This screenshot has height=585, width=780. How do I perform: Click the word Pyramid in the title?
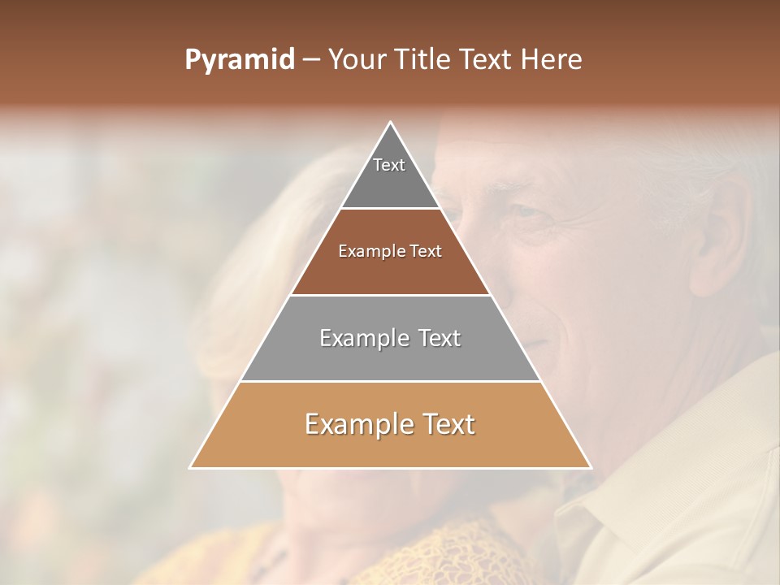239,60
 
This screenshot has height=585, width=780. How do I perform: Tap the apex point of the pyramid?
391,123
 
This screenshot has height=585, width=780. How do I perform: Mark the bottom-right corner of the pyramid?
590,467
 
